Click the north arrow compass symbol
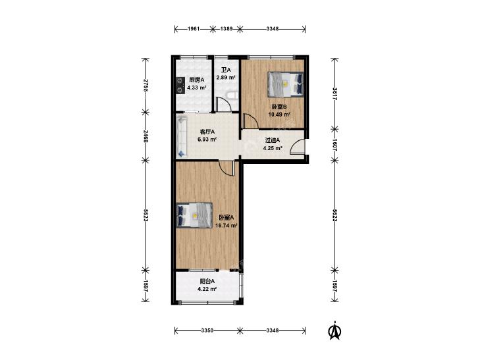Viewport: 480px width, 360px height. click(x=335, y=330)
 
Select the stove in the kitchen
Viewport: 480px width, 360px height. click(x=180, y=85)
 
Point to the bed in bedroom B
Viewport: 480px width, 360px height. click(x=286, y=84)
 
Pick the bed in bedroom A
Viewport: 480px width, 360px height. click(x=195, y=215)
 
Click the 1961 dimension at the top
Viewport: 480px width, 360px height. click(x=194, y=29)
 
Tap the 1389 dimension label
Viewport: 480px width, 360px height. click(x=227, y=29)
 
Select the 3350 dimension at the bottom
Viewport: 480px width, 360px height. click(x=207, y=330)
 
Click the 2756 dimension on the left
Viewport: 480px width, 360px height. click(x=146, y=86)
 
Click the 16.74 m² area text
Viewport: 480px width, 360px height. click(x=227, y=226)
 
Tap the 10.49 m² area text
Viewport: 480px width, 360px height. click(x=279, y=115)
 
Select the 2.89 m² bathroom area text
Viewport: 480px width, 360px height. click(x=226, y=78)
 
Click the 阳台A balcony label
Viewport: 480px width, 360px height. click(x=207, y=281)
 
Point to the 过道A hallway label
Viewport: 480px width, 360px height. click(x=273, y=140)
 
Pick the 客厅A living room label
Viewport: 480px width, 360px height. click(x=207, y=132)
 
